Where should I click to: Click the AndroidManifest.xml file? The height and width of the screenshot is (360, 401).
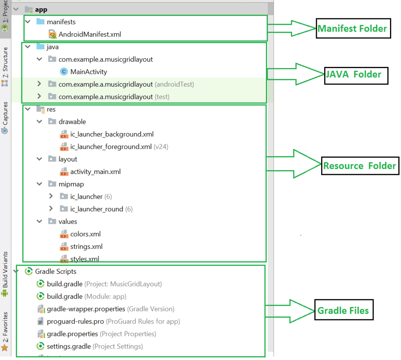point(89,34)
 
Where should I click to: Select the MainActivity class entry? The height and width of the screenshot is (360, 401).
point(89,72)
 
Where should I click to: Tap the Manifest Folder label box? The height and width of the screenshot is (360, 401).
point(353,28)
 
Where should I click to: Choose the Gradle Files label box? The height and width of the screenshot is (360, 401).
point(343,311)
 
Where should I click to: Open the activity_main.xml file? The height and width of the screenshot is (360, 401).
point(95,171)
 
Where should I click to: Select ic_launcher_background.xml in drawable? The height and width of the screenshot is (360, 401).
point(112,134)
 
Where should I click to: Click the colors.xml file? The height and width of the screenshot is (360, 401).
point(85,234)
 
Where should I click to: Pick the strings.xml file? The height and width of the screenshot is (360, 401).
point(86,247)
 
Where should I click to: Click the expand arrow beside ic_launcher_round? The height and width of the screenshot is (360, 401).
point(51,209)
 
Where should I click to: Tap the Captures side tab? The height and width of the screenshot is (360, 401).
point(5,117)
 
